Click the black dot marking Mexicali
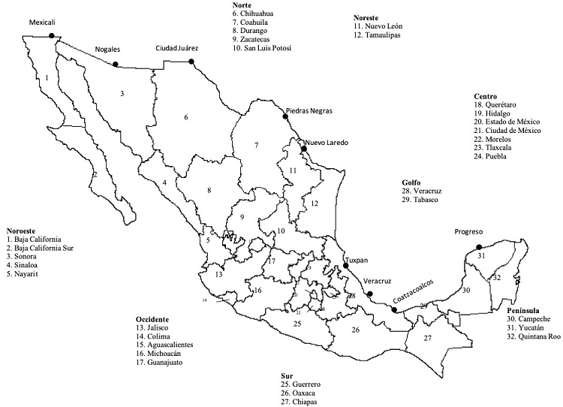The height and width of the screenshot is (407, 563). coord(52,35)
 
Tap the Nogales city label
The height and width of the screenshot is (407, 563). coord(107,50)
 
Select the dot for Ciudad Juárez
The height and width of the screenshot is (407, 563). coord(191,62)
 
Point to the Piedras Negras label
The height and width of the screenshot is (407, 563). coord(308,110)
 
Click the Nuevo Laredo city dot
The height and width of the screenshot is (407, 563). coord(304,149)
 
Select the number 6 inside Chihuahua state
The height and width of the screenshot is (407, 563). coord(185,116)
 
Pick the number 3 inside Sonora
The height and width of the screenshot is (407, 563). coord(122,93)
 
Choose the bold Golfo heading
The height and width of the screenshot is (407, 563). coord(411,182)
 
